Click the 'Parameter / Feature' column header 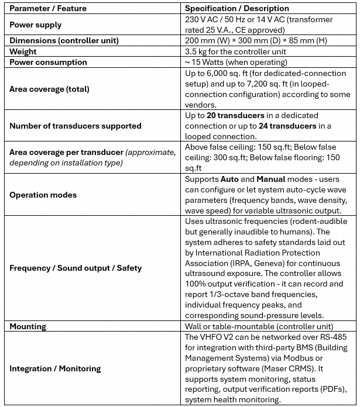pyautogui.click(x=47, y=9)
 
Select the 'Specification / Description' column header pyautogui.click(x=237, y=9)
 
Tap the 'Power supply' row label pyautogui.click(x=36, y=25)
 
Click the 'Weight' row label pyautogui.click(x=23, y=52)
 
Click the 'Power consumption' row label pyautogui.click(x=48, y=62)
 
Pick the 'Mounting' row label pyautogui.click(x=28, y=327)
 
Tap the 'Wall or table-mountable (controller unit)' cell pyautogui.click(x=259, y=327)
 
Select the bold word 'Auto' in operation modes pyautogui.click(x=231, y=179)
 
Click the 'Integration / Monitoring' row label pyautogui.click(x=55, y=368)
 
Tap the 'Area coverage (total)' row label pyautogui.click(x=49, y=89)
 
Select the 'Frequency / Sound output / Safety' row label pyautogui.click(x=76, y=268)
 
